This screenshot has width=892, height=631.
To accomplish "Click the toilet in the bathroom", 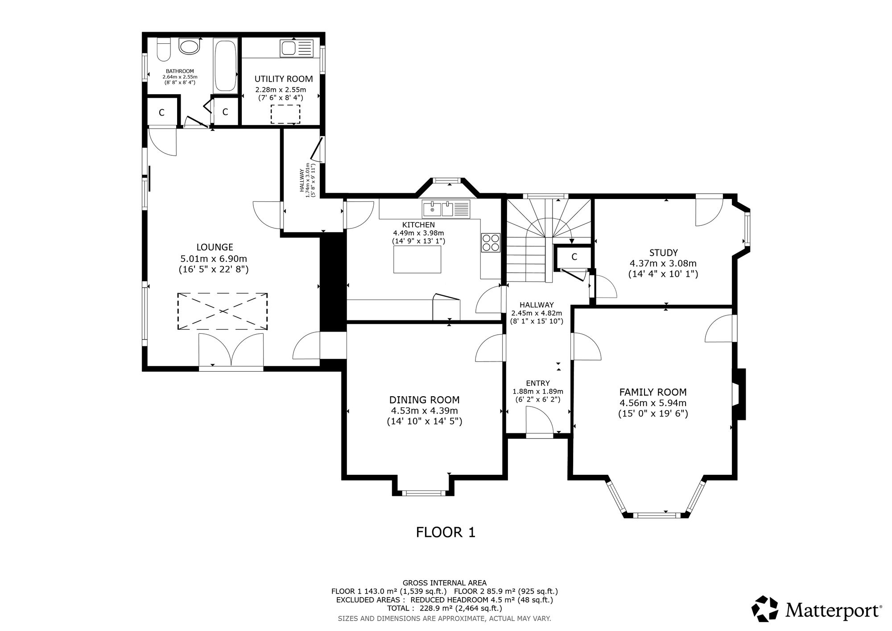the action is tap(163, 50).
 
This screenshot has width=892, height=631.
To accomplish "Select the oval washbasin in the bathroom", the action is tap(190, 46).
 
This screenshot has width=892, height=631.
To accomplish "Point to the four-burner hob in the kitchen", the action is tap(490, 243).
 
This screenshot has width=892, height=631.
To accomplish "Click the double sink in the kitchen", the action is tap(446, 209).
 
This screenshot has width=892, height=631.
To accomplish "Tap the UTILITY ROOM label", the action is tap(284, 79).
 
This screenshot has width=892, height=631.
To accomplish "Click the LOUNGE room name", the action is tap(215, 247).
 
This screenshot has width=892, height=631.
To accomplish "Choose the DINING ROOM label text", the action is tap(424, 400).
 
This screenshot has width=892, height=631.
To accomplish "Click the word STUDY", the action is tap(664, 253).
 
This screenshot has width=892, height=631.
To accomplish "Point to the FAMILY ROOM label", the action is tap(653, 392).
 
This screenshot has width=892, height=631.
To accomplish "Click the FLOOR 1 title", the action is tap(446, 532).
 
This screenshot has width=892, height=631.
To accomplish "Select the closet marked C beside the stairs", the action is tap(574, 257).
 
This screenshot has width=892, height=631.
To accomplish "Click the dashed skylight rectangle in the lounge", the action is tap(222, 311).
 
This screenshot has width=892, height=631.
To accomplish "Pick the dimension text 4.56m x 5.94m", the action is tap(653, 403).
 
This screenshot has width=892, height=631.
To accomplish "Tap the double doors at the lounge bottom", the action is tap(231, 350).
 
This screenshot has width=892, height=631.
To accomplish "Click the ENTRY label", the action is tap(538, 383).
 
